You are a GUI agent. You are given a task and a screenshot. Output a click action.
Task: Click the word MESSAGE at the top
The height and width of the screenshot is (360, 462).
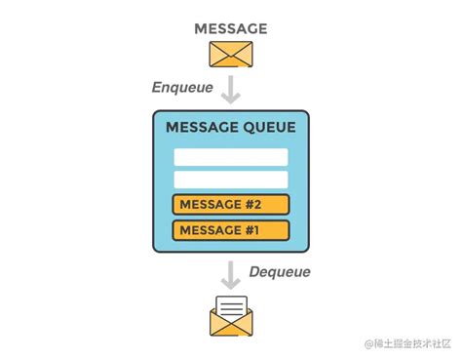coord(230,27)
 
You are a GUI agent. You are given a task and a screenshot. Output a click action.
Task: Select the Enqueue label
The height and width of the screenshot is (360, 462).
coord(183,87)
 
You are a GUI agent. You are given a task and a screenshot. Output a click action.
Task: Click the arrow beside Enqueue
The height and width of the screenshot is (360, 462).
coord(230,89)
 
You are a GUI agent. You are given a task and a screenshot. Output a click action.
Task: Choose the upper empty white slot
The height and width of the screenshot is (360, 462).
coord(231,157)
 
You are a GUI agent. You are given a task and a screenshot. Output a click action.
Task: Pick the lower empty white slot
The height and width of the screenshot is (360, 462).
coord(231,180)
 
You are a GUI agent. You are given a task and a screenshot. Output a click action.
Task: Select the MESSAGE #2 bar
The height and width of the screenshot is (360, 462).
coord(231,205)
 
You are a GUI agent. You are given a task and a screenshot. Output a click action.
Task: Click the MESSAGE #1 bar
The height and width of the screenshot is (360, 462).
coord(231,230)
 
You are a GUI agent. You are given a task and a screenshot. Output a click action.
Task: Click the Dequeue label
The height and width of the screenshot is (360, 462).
coord(280,272)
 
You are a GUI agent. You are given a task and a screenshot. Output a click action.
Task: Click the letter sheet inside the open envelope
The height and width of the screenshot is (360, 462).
coord(230,310)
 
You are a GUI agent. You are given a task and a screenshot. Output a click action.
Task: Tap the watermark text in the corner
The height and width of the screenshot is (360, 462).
coord(408,344)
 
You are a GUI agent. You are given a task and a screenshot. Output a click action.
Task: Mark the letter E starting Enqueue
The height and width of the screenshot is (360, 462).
coord(157,87)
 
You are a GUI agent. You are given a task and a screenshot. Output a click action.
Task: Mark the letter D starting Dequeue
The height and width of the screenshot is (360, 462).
coord(254,272)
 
